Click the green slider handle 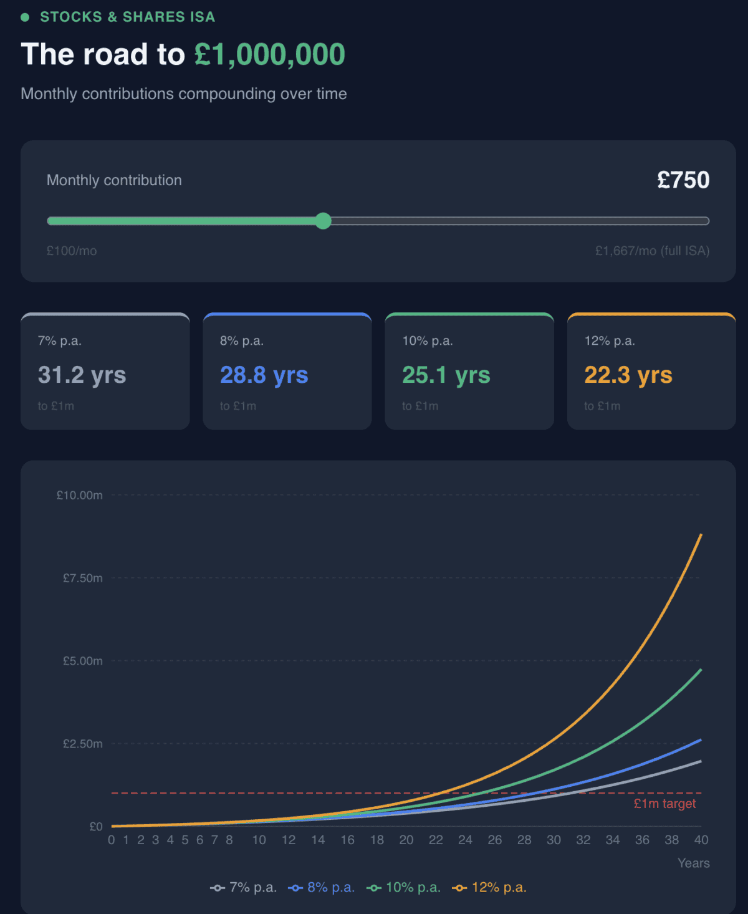pos(323,221)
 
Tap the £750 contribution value pos(683,180)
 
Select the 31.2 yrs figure pos(82,375)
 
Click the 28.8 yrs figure pos(264,375)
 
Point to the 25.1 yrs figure pos(446,375)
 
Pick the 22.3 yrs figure pos(628,375)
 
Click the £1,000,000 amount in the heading pos(269,54)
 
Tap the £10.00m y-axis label pos(80,495)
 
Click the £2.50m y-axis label pos(83,744)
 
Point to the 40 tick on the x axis pos(701,840)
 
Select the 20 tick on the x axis pos(406,840)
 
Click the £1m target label pos(664,804)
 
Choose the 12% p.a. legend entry pos(490,887)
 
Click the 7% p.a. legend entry pos(244,887)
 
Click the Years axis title pos(693,863)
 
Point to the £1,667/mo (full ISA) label pos(652,251)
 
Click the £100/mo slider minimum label pos(72,251)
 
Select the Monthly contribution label pos(114,180)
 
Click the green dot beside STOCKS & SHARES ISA pos(25,17)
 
